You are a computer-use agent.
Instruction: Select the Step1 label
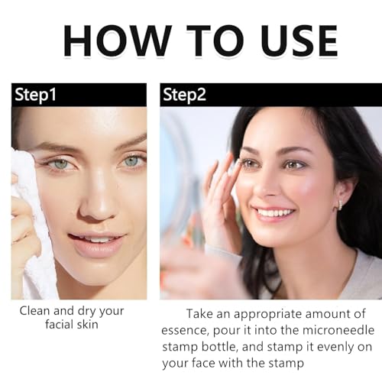tap(35, 95)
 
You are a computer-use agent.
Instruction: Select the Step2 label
tap(184, 95)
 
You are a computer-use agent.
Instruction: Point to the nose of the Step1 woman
tap(98, 201)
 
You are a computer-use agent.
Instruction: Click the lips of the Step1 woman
tap(98, 243)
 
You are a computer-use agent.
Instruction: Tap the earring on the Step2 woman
tap(340, 205)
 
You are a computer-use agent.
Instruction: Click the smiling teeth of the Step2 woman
tap(274, 212)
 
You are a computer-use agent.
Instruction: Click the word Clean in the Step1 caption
tap(35, 311)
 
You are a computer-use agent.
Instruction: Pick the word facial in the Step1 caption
tap(60, 325)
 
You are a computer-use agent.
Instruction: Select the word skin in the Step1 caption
tap(88, 325)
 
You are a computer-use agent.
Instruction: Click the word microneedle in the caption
tap(338, 330)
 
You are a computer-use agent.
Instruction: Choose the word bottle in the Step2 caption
tap(219, 347)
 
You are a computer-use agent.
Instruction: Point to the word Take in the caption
tap(199, 313)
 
